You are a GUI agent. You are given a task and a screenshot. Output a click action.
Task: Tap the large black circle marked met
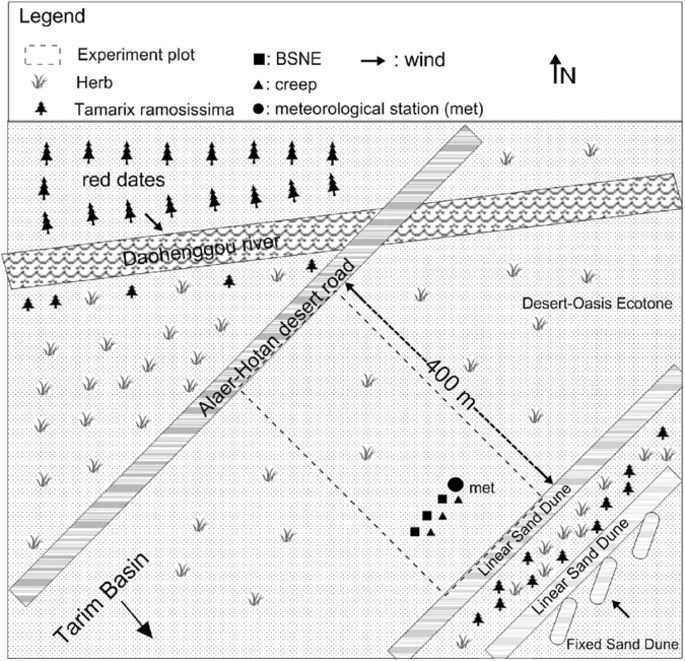[x=455, y=484]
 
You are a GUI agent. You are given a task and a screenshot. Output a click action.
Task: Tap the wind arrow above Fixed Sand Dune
[x=621, y=607]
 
